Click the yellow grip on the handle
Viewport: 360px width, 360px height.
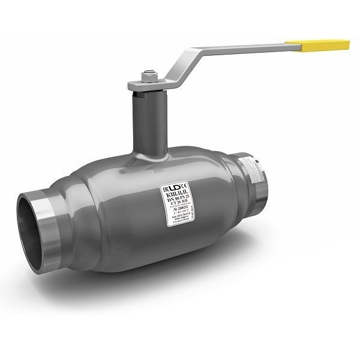(317, 45)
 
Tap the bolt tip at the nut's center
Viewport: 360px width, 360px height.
(149, 74)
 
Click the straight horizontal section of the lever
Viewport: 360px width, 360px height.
(240, 48)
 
